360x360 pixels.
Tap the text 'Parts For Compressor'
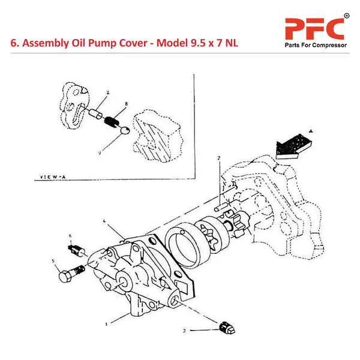pos(314,47)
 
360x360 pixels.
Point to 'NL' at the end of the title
pos(231,44)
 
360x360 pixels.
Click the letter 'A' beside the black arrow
pos(311,130)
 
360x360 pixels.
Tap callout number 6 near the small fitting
pos(70,235)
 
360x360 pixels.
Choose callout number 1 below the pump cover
pos(106,323)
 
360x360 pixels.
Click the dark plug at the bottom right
pos(226,328)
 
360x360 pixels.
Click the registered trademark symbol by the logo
pos(347,15)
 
